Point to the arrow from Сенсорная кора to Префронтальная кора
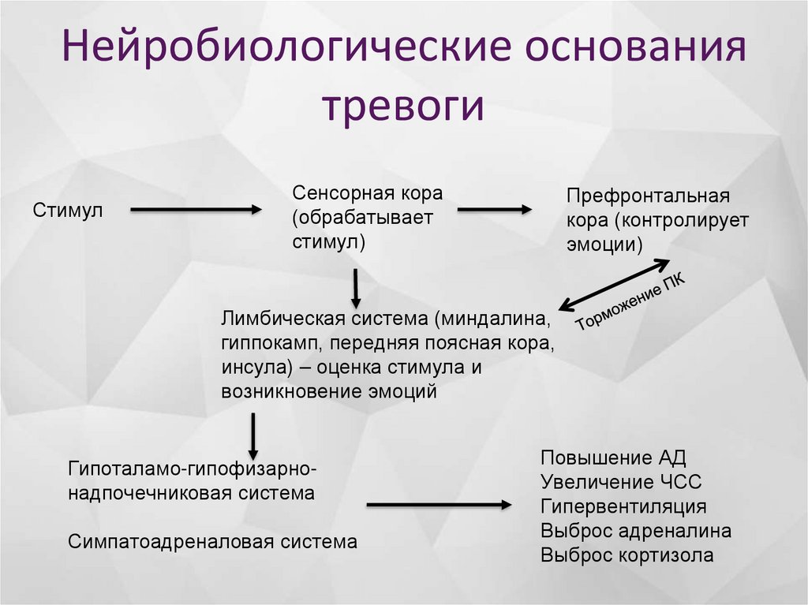pyautogui.click(x=495, y=210)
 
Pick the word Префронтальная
pyautogui.click(x=647, y=196)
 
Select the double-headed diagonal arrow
pyautogui.click(x=615, y=286)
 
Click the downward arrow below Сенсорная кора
pyautogui.click(x=356, y=289)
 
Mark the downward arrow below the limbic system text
pyautogui.click(x=253, y=436)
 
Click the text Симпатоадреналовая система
pyautogui.click(x=212, y=542)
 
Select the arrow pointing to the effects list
pyautogui.click(x=440, y=504)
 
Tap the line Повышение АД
pyautogui.click(x=613, y=458)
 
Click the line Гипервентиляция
pyautogui.click(x=623, y=506)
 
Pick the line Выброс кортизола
pyautogui.click(x=627, y=555)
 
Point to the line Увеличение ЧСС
pyautogui.click(x=621, y=483)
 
